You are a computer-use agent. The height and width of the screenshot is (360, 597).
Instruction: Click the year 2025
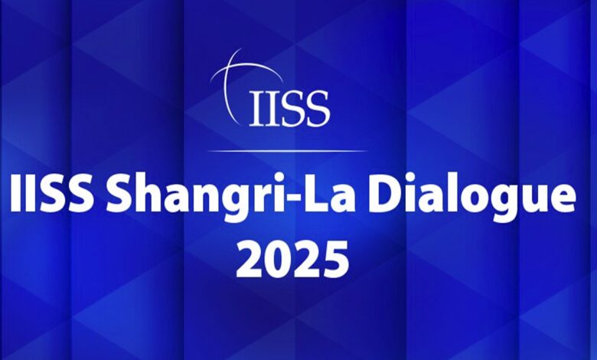tap(292, 259)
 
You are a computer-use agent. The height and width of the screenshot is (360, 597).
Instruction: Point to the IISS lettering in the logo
tap(289, 108)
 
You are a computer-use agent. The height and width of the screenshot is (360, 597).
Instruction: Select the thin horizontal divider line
tap(288, 151)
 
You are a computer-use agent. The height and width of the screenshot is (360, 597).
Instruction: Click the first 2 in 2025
tap(250, 259)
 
